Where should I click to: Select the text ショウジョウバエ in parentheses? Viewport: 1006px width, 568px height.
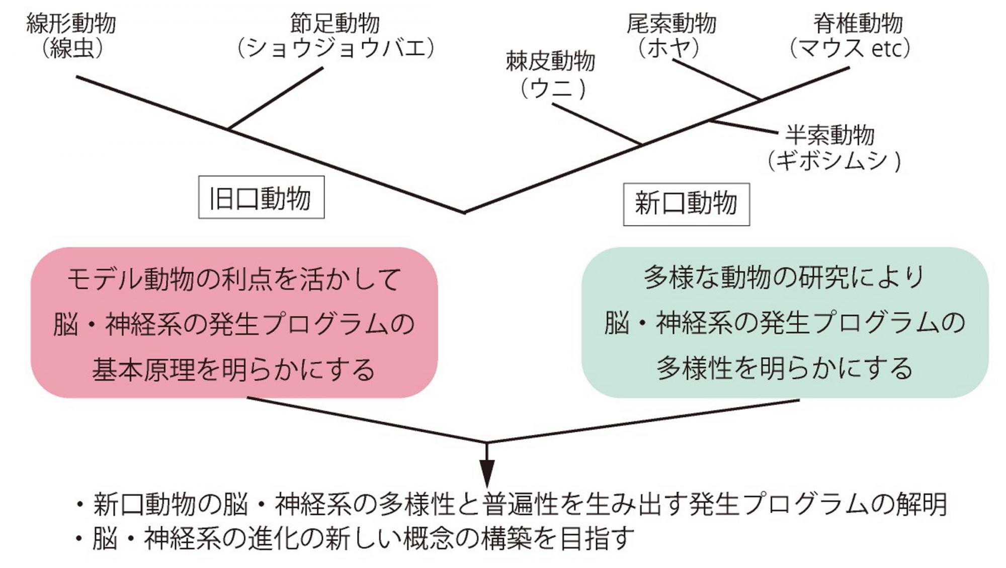point(336,48)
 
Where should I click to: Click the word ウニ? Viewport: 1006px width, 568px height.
point(552,89)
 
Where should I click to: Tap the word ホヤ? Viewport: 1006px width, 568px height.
point(668,48)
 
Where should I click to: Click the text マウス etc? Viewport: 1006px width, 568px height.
point(850,49)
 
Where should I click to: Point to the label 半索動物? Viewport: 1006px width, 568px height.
point(830,135)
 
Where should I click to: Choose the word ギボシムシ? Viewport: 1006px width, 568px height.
point(831,161)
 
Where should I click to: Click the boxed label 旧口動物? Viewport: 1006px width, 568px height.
point(261,198)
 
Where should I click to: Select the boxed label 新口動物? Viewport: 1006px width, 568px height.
point(686,204)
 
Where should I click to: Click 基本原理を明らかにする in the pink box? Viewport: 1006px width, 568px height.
point(234,370)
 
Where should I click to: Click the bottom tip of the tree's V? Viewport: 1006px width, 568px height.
point(464,212)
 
